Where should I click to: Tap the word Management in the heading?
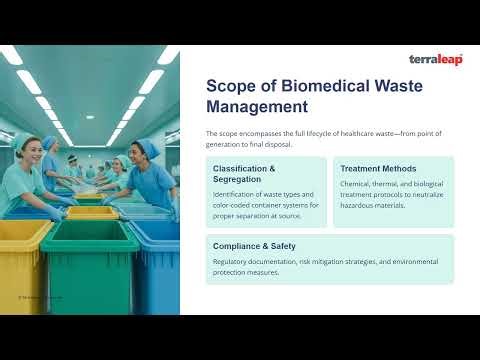click(x=257, y=106)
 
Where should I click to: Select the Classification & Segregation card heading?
click(x=244, y=175)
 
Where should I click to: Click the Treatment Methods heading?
click(x=377, y=169)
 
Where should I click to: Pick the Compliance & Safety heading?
click(x=254, y=245)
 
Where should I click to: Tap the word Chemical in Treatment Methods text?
click(x=358, y=184)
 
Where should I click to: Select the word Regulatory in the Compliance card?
click(x=232, y=261)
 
